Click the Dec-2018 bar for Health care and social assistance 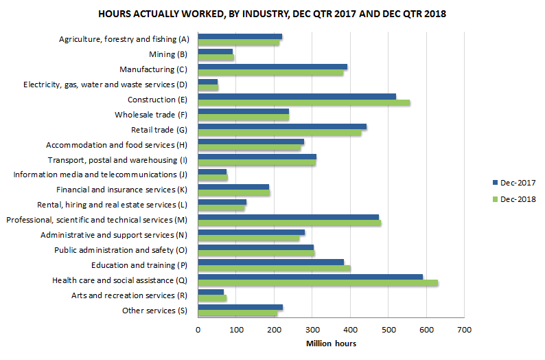(318, 283)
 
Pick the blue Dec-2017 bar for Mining (215, 52)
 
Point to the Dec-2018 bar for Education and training (274, 269)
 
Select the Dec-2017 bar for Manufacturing (272, 67)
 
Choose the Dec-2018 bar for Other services (237, 313)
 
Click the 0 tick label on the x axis (198, 330)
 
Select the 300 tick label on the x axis (312, 330)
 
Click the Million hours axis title (331, 344)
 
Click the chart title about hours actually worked (272, 14)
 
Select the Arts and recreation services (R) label (130, 295)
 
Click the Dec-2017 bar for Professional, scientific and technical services (288, 217)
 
